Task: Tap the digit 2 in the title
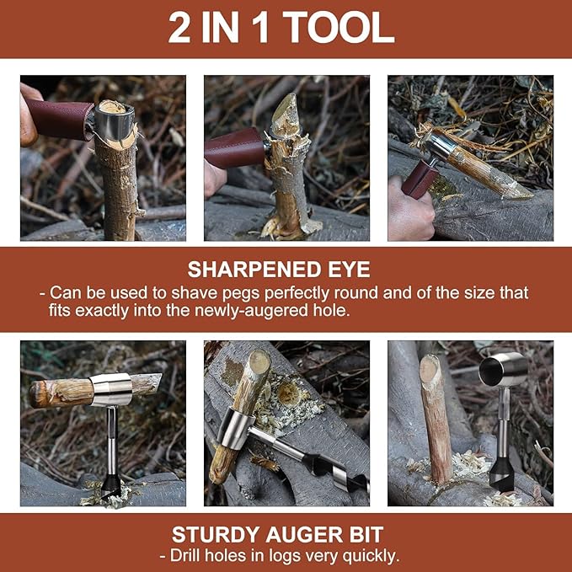click(x=179, y=28)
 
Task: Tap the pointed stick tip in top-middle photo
click(x=286, y=107)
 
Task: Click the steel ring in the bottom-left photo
click(x=110, y=389)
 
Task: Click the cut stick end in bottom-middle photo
click(x=257, y=363)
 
